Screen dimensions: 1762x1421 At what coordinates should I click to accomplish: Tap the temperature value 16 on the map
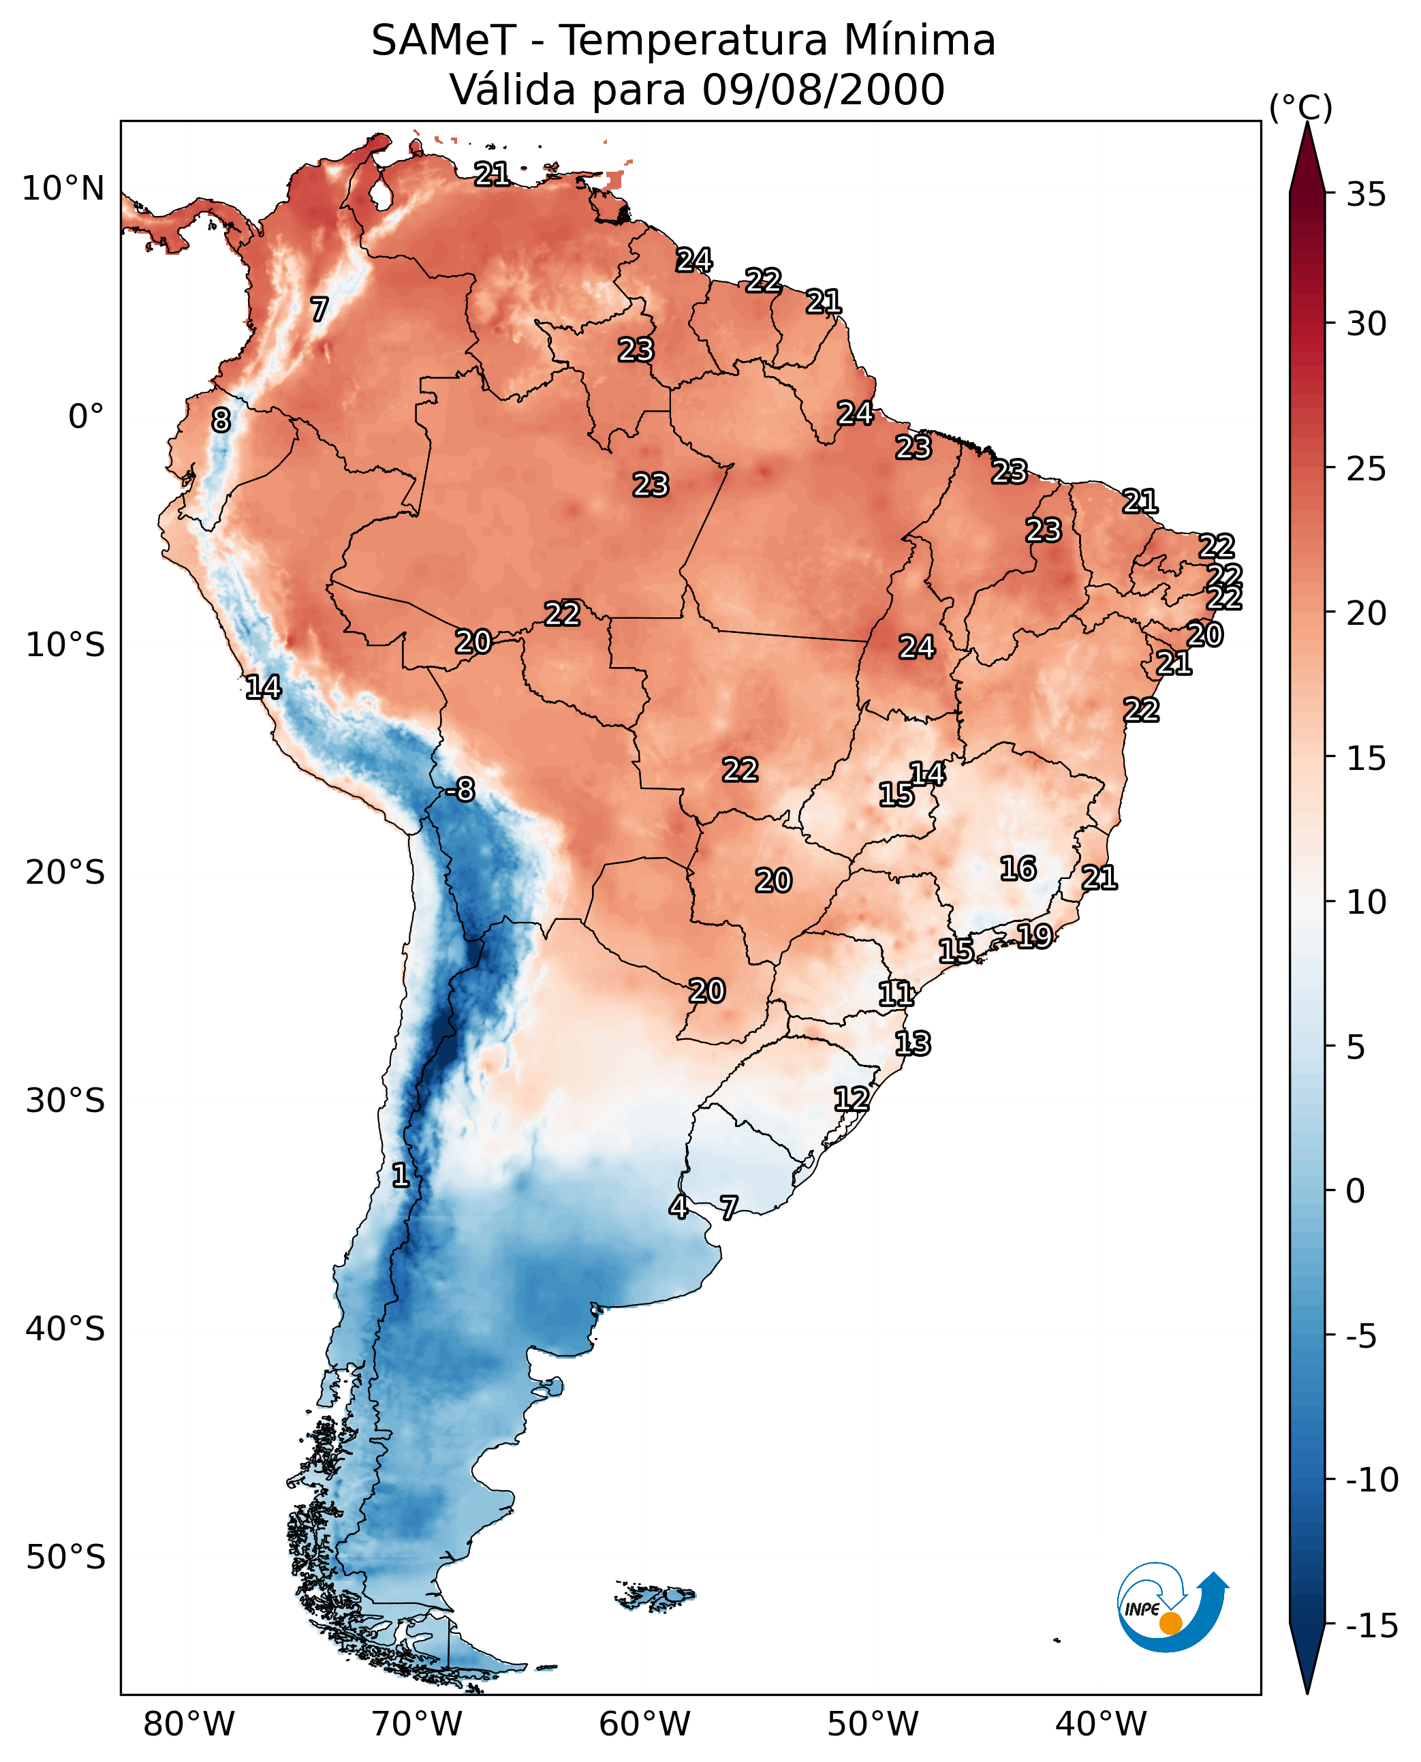[x=1018, y=869]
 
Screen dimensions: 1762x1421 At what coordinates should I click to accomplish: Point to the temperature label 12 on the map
[x=852, y=1099]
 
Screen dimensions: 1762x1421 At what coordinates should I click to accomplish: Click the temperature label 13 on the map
[x=913, y=1044]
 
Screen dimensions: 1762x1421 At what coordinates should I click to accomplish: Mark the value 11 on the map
[x=896, y=994]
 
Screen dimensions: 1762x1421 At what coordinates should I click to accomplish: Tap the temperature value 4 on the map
[x=678, y=1207]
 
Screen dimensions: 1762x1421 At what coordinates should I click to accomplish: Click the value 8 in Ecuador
[x=221, y=421]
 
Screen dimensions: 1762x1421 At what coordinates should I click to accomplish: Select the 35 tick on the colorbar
[x=1366, y=195]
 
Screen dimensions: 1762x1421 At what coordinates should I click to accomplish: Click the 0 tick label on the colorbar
[x=1356, y=1191]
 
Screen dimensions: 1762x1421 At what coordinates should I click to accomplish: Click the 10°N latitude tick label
[x=63, y=189]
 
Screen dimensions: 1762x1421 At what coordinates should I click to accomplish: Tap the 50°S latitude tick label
[x=65, y=1558]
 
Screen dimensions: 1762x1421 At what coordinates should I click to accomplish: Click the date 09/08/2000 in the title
[x=824, y=89]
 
